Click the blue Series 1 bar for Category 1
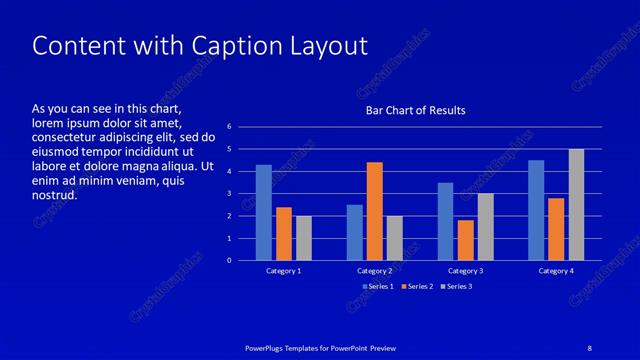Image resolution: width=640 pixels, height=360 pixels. pos(264,212)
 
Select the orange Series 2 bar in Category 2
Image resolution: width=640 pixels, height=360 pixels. pos(375,211)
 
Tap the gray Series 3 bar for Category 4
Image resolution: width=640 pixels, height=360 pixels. pos(576,204)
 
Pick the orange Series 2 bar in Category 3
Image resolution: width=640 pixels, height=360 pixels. pos(465,240)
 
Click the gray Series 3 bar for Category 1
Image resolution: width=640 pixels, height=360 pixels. pos(304,238)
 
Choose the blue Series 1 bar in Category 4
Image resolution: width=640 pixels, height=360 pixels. pos(536,210)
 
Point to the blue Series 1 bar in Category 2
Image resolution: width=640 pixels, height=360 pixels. pos(355,232)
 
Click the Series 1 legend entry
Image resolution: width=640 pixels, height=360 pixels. pos(378,287)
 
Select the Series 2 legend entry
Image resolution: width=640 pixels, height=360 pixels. pos(417,287)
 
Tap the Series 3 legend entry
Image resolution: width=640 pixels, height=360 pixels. pos(457,287)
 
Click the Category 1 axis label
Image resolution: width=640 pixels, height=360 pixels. pos(284,271)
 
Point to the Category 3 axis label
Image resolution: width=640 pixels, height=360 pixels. pos(465,271)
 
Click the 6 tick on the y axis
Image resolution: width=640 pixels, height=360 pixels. pos(229,127)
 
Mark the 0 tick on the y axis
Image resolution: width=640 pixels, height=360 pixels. pos(229,261)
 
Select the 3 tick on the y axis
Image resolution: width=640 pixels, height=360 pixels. pos(229,194)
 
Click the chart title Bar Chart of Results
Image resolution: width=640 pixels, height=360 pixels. pos(414,110)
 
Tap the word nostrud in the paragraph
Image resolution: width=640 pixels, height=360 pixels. pos(55,195)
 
